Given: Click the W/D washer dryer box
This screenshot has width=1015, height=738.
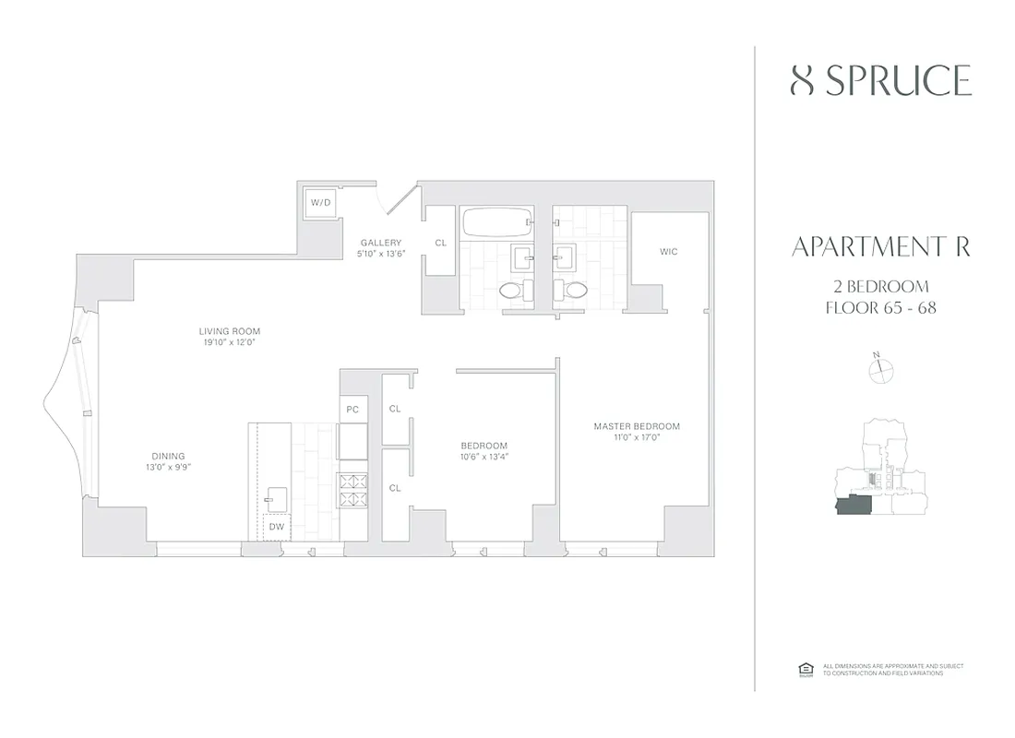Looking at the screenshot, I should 320,203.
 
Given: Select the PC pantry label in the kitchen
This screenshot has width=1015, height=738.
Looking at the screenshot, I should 352,409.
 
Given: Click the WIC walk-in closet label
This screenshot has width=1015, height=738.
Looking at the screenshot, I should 669,251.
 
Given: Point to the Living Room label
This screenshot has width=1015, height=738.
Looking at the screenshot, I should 230,331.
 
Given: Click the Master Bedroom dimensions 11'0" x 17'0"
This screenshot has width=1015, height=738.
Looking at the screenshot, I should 637,437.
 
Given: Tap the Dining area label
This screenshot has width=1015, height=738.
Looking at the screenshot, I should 168,456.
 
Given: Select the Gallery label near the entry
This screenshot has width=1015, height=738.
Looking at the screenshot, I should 380,244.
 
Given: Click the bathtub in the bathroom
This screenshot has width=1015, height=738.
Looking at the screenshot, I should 496,222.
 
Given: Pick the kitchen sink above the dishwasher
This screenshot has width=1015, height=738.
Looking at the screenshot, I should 274,499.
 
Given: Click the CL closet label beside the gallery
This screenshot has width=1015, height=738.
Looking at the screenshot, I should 440,243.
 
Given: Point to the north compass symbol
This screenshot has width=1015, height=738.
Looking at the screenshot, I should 881,369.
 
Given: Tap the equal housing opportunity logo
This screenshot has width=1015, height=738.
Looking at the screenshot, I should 803,669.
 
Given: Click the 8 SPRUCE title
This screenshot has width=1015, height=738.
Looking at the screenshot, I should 881,81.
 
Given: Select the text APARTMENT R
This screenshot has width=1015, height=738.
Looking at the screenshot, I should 881,247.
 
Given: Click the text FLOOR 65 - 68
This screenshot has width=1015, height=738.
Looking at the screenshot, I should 881,307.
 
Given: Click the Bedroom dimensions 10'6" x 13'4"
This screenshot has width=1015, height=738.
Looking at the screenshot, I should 484,456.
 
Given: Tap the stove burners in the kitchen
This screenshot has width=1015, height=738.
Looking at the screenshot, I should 352,490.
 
